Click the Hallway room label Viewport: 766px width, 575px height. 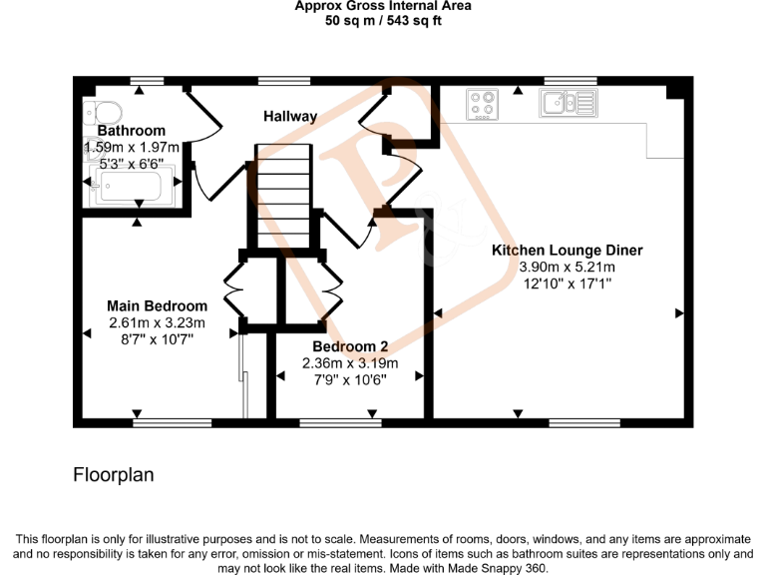click(290, 117)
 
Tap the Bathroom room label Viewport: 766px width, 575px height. click(131, 131)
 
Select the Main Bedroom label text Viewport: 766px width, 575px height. click(158, 306)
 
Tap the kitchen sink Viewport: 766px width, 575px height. click(567, 102)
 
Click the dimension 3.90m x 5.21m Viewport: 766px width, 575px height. click(567, 268)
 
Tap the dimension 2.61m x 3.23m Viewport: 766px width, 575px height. click(158, 322)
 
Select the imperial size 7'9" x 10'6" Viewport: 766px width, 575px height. click(350, 379)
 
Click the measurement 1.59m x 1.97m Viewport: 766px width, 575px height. click(131, 147)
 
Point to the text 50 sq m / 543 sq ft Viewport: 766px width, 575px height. click(383, 22)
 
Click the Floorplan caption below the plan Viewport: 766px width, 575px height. click(114, 475)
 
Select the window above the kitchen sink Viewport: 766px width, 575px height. click(571, 80)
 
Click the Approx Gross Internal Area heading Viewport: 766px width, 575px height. click(383, 6)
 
